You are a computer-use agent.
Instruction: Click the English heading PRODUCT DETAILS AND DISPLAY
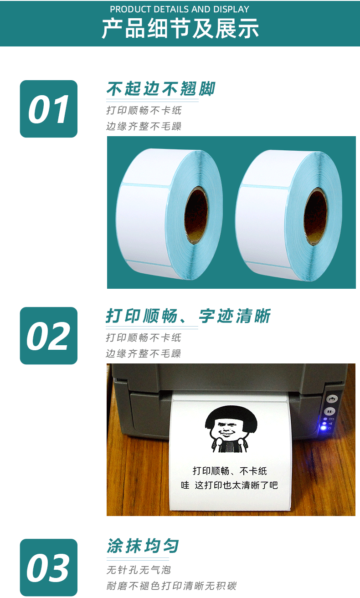[180, 9]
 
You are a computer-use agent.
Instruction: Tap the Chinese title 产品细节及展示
[180, 28]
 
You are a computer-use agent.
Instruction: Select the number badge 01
[49, 109]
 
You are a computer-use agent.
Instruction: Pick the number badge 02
[49, 336]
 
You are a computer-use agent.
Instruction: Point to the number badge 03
[49, 567]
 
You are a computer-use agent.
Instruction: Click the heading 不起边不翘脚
[160, 89]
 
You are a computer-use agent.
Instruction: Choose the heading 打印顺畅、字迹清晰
[188, 316]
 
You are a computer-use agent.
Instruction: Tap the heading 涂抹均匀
[143, 546]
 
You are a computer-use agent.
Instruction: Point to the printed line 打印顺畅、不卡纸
[230, 471]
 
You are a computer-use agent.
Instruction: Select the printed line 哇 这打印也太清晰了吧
[229, 486]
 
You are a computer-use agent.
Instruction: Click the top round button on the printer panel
[331, 399]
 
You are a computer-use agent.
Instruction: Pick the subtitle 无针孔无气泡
[139, 570]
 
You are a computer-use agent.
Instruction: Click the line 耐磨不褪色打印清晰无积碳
[171, 586]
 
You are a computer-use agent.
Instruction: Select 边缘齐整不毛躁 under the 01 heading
[144, 126]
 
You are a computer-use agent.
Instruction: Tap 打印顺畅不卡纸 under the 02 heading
[144, 337]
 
